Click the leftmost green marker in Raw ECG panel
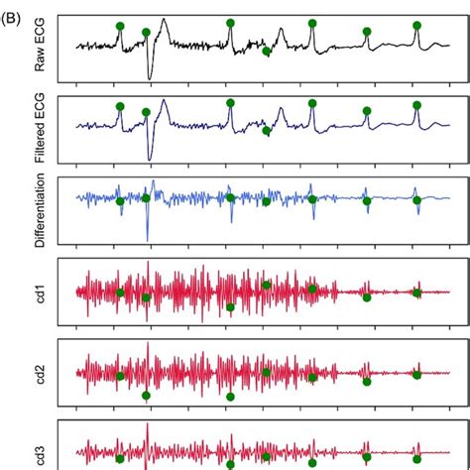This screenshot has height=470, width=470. click(120, 27)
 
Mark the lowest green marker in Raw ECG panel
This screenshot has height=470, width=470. click(266, 52)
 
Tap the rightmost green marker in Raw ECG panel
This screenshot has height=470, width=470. click(416, 25)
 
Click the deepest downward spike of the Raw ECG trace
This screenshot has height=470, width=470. click(150, 77)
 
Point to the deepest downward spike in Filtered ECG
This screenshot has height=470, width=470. click(150, 158)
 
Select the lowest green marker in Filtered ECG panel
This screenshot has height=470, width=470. click(266, 131)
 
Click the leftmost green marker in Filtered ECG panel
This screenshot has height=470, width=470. click(120, 106)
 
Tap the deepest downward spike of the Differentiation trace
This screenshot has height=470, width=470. click(148, 238)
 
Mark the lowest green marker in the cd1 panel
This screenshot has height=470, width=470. click(230, 307)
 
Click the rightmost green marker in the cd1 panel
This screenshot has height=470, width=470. click(416, 293)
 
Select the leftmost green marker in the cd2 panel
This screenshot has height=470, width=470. click(120, 375)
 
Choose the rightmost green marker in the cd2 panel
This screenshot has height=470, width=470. click(416, 375)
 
